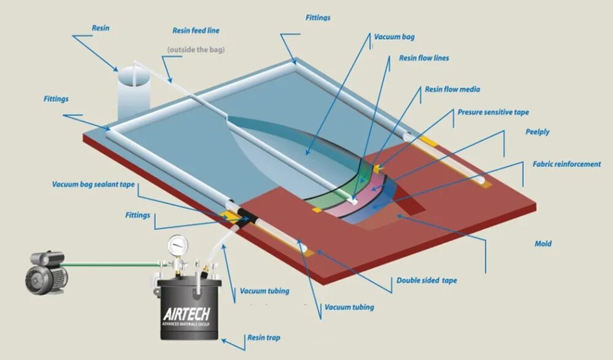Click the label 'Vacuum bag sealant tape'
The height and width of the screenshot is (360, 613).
(x=93, y=184)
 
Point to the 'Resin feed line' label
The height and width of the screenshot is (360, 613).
(x=196, y=30)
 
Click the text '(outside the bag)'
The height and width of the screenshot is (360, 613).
(x=196, y=49)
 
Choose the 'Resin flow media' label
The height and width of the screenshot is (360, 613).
(x=452, y=90)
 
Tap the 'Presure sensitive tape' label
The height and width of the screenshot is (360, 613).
(x=493, y=112)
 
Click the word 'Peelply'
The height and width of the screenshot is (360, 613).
(x=538, y=132)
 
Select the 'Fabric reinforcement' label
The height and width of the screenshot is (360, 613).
(x=566, y=164)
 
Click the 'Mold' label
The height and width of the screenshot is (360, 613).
(x=543, y=243)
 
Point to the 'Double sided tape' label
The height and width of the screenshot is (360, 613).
(x=426, y=280)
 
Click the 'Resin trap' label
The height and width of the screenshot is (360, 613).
(x=264, y=337)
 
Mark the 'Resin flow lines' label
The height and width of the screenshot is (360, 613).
(x=423, y=58)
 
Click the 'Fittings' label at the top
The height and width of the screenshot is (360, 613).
(x=318, y=18)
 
